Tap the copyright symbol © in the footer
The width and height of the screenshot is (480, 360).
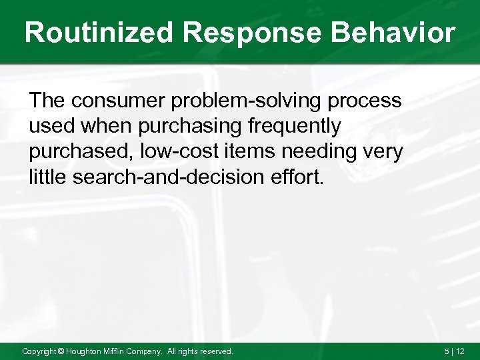click(x=60, y=351)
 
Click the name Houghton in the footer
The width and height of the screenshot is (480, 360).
click(x=86, y=351)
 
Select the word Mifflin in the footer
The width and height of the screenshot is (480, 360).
click(x=121, y=351)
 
